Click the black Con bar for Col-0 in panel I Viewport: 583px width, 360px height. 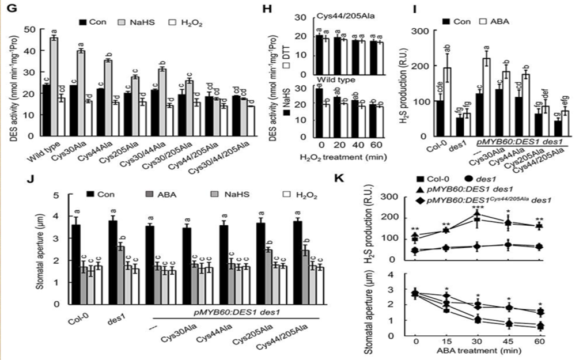[440, 119]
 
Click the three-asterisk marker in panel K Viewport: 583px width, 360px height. [477, 206]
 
